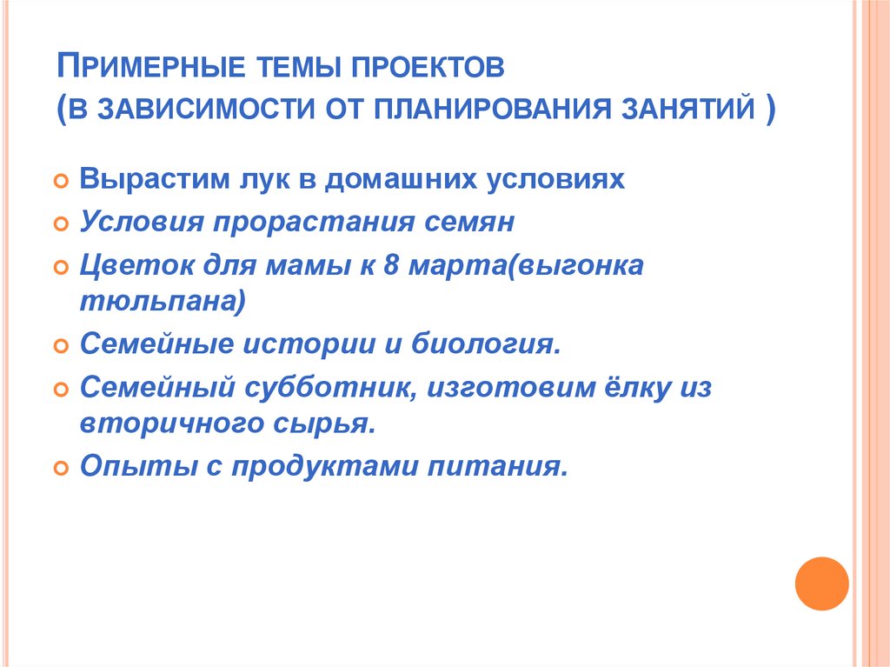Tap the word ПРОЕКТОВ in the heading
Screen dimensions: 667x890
point(430,70)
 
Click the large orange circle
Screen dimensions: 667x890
point(821,583)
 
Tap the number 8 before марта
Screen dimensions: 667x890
point(389,266)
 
